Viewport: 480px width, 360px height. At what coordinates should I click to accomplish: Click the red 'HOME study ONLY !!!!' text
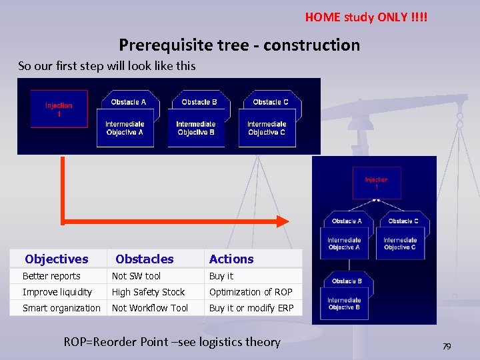tap(366, 17)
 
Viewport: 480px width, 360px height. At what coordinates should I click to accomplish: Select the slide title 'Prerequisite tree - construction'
tap(239, 45)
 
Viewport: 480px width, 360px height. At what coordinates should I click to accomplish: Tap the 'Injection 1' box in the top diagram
tap(59, 109)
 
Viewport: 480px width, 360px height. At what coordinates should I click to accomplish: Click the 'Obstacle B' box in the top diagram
tap(199, 102)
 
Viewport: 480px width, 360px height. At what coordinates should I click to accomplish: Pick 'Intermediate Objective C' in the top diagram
tap(267, 129)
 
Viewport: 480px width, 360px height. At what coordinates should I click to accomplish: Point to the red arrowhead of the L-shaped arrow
tap(283, 221)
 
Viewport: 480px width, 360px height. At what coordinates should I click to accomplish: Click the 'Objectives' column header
tap(57, 259)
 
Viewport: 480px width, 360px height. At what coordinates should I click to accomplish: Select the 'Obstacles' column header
tap(145, 259)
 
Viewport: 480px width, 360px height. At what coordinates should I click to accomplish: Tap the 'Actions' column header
tap(231, 259)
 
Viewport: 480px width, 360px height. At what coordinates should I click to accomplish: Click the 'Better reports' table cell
tap(51, 276)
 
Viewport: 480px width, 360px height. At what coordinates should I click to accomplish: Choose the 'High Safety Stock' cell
tap(148, 292)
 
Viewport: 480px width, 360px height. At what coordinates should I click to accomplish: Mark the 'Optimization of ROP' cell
tap(251, 292)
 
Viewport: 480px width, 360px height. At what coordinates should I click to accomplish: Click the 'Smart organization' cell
tap(61, 308)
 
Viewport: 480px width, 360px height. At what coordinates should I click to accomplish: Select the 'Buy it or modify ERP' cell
tap(251, 308)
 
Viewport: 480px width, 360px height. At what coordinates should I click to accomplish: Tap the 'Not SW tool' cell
tap(136, 276)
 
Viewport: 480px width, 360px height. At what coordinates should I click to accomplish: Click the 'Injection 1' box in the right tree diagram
tap(376, 183)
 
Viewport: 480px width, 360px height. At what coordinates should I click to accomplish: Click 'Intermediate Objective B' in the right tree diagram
tap(344, 304)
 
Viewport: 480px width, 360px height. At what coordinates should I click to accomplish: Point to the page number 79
tap(447, 346)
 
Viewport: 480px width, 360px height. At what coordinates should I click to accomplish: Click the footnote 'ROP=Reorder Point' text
tap(172, 342)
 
